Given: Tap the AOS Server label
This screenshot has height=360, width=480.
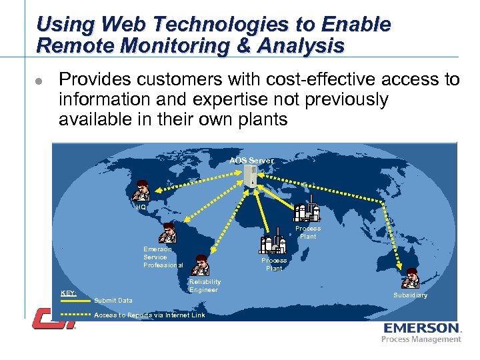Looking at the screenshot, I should (251, 161).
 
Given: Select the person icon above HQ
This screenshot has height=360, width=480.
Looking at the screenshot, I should (141, 191).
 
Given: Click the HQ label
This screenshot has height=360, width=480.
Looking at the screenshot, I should (141, 207).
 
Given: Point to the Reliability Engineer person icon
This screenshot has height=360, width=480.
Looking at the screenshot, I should (199, 265).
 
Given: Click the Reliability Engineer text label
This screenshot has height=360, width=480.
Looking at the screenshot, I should (205, 286).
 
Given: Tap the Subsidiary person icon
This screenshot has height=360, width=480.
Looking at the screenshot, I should (411, 278).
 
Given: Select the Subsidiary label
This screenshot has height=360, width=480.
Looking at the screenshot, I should (410, 295).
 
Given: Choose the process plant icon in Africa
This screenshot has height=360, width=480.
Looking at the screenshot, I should (273, 241).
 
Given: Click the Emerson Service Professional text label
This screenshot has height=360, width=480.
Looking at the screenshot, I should (163, 257).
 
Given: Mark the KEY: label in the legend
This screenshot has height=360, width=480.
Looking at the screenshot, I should (68, 293).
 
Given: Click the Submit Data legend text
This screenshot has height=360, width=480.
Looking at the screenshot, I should (113, 301).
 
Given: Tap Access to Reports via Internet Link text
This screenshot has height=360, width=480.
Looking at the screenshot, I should (150, 315).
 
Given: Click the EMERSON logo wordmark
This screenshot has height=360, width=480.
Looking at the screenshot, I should (421, 328).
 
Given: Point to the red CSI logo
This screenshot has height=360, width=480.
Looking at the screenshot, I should (55, 318).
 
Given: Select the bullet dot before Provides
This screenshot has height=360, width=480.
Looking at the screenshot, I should (39, 81).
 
